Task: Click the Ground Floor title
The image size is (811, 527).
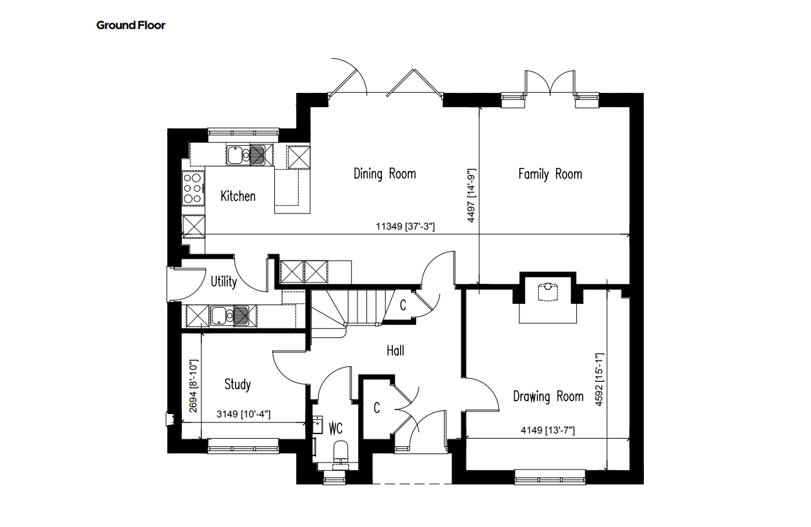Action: tap(131, 25)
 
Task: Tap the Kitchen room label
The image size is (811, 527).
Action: tap(238, 196)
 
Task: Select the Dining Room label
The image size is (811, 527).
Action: tap(385, 174)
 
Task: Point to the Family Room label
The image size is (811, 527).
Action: tap(550, 174)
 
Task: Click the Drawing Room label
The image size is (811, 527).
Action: tap(548, 397)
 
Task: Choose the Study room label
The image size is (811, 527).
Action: tap(237, 384)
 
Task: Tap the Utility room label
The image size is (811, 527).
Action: tap(224, 281)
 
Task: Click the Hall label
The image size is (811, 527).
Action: tap(395, 350)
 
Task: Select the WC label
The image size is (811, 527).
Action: tap(335, 428)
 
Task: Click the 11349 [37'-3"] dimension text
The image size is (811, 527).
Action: tap(405, 226)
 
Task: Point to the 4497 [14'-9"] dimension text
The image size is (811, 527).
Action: tap(471, 195)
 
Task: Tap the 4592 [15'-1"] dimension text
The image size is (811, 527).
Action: tap(599, 379)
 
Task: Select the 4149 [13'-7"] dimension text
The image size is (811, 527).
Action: tap(548, 430)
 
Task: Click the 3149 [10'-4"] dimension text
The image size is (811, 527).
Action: tap(243, 413)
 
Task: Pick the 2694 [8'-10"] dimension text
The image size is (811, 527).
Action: tap(194, 386)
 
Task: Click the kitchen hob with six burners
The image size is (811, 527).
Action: tap(193, 188)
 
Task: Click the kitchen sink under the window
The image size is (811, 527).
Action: tap(250, 155)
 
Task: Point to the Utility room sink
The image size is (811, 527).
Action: tap(234, 315)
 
